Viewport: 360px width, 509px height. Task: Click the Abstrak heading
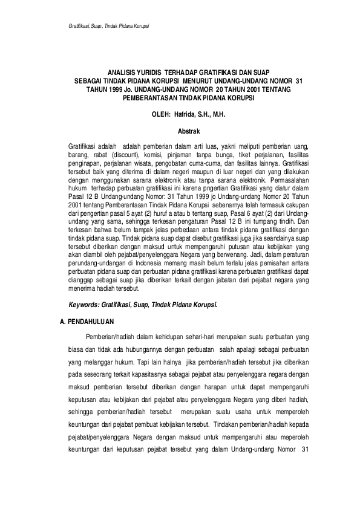pyautogui.click(x=188, y=130)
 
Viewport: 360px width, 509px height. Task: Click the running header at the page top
pyautogui.click(x=108, y=27)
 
